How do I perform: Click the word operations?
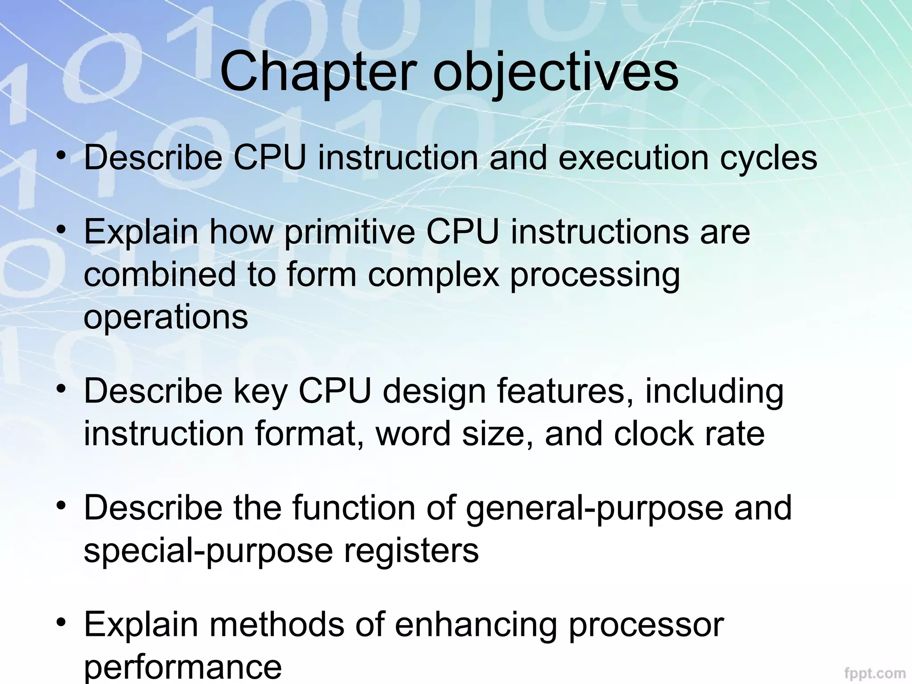(x=166, y=317)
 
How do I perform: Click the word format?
(x=310, y=434)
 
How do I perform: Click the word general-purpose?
(x=594, y=509)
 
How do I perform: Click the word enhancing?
(x=476, y=625)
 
